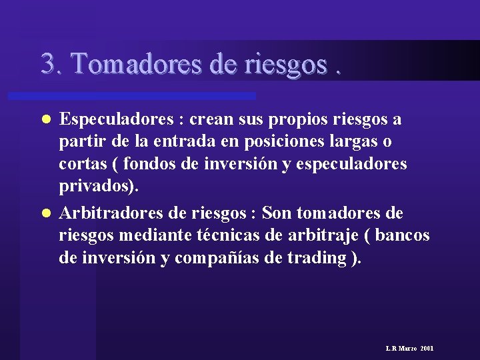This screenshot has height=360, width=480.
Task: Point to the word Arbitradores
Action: pyautogui.click(x=110, y=213)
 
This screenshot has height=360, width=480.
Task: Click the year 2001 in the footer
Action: pyautogui.click(x=427, y=349)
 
